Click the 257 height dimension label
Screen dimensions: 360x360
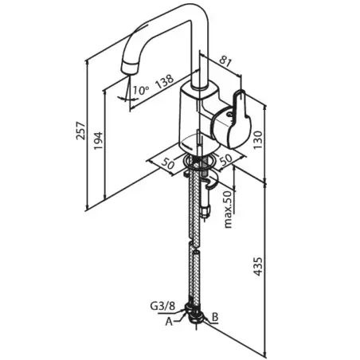click(x=81, y=131)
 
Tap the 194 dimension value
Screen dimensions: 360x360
click(x=99, y=140)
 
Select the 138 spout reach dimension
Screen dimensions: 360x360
click(x=165, y=80)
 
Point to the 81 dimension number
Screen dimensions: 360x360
click(x=225, y=62)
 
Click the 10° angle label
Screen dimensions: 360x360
click(x=141, y=90)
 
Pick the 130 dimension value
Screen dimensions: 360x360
click(x=258, y=139)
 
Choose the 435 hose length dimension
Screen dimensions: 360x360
click(x=258, y=266)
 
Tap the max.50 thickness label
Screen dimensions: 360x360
click(x=228, y=209)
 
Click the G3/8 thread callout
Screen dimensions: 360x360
click(x=162, y=307)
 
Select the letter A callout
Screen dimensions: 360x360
click(x=169, y=322)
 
